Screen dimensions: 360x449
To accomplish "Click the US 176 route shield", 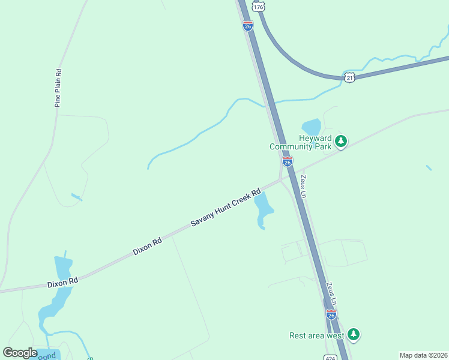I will [258, 6].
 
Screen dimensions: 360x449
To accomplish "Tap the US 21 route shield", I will [350, 77].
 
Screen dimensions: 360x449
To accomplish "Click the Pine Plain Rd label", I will [58, 88].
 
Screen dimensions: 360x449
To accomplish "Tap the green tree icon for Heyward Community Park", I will [341, 142].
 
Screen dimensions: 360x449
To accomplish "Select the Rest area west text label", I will [316, 335].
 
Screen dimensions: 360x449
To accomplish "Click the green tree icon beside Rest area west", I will [354, 334].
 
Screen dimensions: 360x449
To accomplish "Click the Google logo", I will [20, 353].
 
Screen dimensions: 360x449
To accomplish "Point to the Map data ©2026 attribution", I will [423, 355].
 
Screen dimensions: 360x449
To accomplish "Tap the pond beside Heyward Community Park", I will [312, 127].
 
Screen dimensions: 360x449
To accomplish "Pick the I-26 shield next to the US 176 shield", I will [248, 25].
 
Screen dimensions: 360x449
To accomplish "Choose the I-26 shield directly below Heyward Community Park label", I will [288, 162].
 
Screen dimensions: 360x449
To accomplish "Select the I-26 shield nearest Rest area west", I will [331, 314].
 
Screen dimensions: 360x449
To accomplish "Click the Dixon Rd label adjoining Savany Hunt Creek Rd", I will [148, 246].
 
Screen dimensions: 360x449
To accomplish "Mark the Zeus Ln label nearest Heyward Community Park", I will [304, 186].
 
